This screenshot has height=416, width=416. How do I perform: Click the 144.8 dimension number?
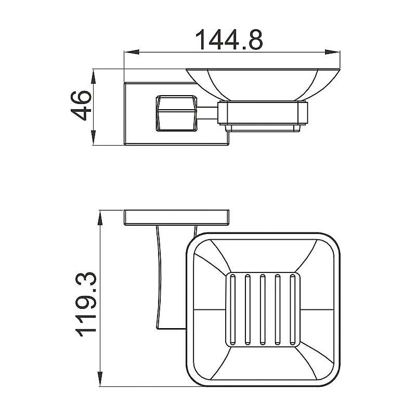(229, 40)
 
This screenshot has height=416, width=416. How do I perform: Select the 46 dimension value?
(81, 106)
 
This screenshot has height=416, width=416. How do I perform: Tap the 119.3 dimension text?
(85, 304)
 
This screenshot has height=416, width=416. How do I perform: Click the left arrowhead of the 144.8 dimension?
(132, 53)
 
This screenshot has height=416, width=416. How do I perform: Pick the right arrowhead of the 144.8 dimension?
(332, 53)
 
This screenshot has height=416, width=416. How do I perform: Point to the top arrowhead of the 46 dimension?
(93, 76)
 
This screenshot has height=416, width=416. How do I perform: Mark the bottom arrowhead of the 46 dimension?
(93, 137)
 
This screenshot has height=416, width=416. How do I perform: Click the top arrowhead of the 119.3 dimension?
(100, 218)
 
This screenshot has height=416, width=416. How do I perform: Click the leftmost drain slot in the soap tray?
(232, 309)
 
